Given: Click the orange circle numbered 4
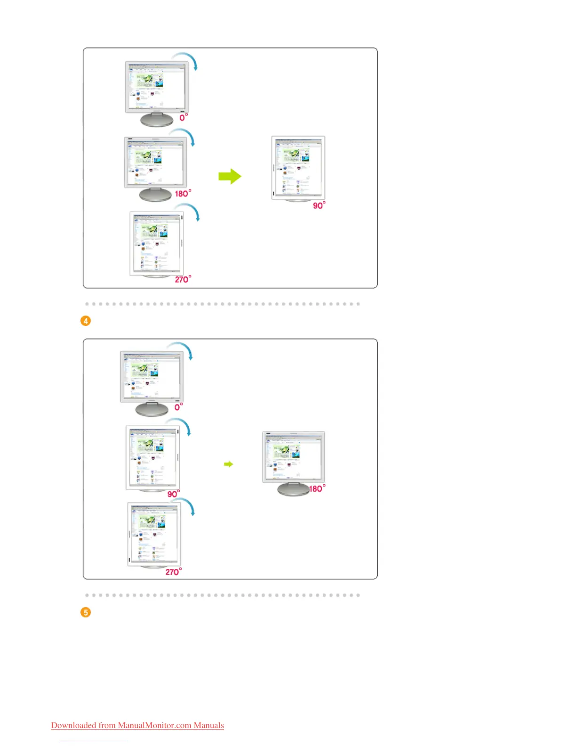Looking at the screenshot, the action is (x=86, y=321).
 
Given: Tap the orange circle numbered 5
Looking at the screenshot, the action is (x=86, y=612).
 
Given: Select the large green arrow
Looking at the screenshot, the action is (x=230, y=177).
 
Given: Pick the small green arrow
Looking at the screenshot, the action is (x=228, y=464).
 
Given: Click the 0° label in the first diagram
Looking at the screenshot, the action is (x=184, y=117).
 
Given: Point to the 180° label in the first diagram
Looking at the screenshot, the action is (x=183, y=194).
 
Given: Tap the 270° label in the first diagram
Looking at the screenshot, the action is (x=183, y=279).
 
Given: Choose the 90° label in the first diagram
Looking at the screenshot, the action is (x=319, y=205).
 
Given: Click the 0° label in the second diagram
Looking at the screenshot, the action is (x=178, y=407).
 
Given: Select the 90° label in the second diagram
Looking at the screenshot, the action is (x=173, y=494).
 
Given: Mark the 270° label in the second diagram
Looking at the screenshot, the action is (x=173, y=572).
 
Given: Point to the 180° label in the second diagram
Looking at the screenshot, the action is (x=317, y=489).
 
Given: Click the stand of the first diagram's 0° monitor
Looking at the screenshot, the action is (x=157, y=120).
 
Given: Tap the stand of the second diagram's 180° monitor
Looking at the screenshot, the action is (x=293, y=489).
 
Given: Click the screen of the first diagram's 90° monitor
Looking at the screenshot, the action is (x=298, y=167).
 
